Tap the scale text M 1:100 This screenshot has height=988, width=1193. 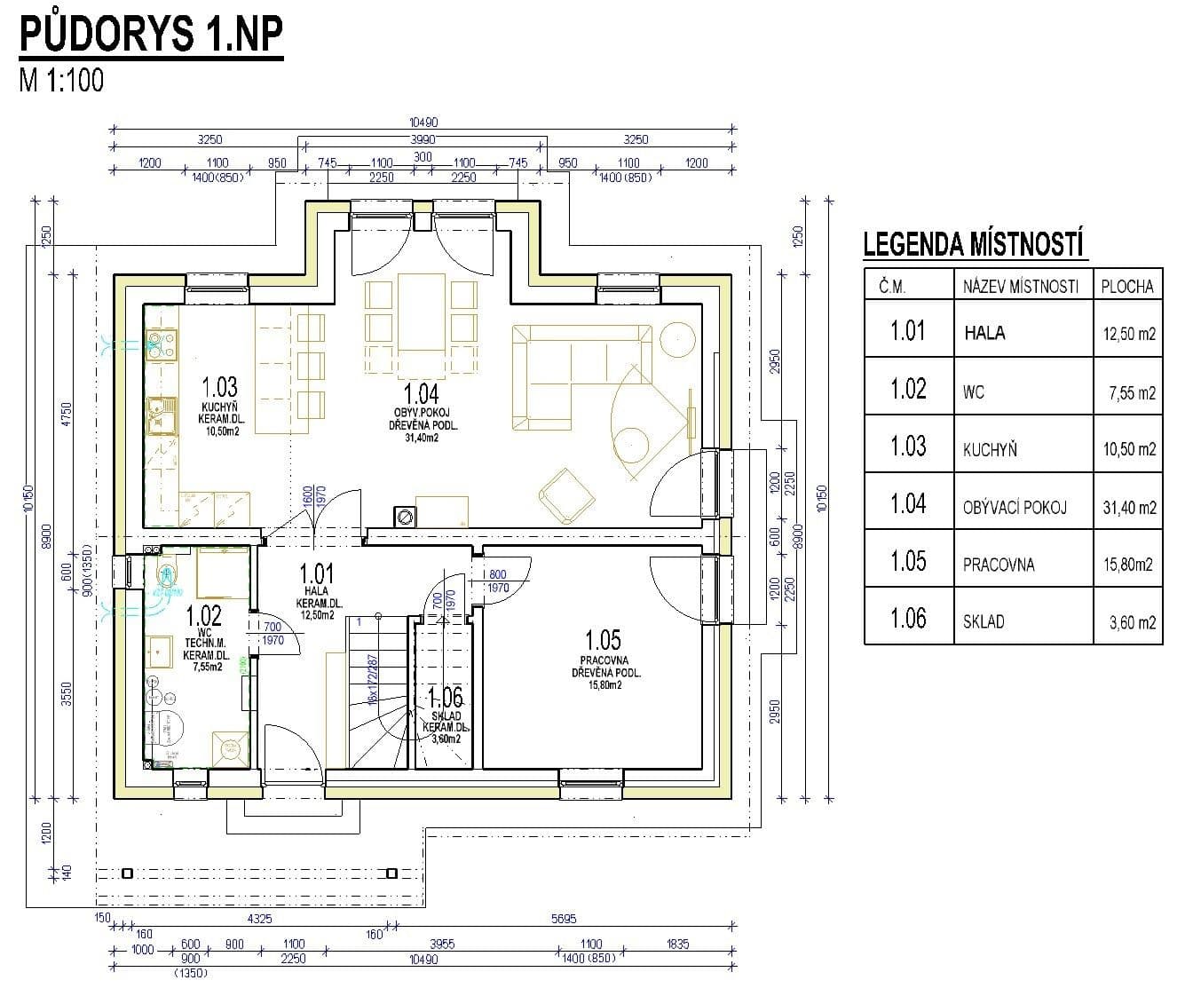click(x=61, y=80)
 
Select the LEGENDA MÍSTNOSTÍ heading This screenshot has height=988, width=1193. click(x=974, y=243)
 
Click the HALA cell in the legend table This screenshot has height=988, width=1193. click(x=984, y=334)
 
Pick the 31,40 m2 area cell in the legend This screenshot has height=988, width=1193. click(x=1129, y=508)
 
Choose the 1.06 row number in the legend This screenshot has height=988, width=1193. click(x=907, y=618)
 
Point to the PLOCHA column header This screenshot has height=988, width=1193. click(x=1126, y=286)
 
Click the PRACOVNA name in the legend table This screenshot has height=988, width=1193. click(x=998, y=565)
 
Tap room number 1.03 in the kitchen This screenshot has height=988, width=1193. click(x=219, y=387)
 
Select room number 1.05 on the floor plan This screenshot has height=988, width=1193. click(x=603, y=639)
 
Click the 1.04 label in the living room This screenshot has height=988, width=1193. click(x=421, y=393)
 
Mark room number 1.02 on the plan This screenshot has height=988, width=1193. click(x=204, y=614)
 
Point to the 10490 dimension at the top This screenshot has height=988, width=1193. click(x=423, y=123)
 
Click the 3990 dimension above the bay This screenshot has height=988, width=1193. click(x=423, y=139)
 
